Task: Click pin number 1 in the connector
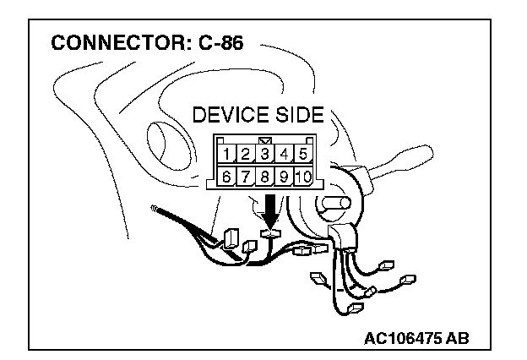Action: coord(228,154)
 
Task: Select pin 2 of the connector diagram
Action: coord(246,154)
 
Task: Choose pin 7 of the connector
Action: coord(246,177)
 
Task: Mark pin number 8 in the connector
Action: coord(264,177)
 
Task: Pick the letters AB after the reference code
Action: coord(457,338)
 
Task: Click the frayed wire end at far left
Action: coord(154,208)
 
